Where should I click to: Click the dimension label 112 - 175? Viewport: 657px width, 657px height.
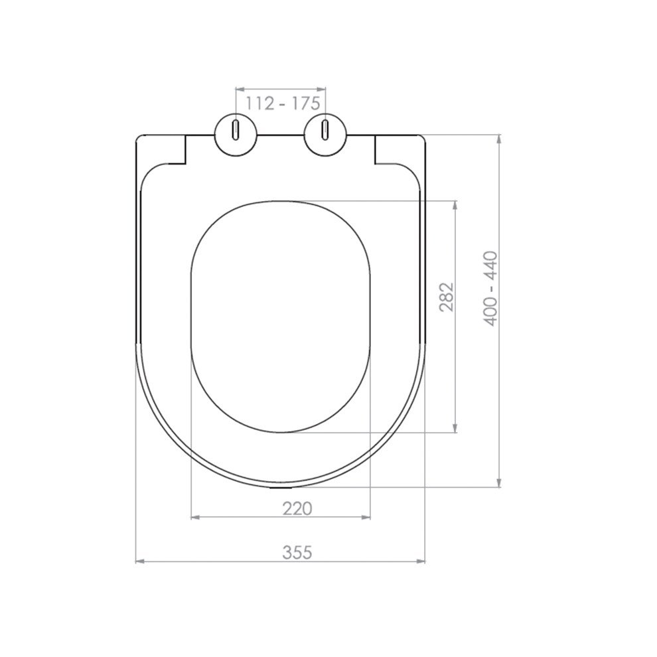click(283, 104)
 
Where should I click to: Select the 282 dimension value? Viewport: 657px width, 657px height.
click(447, 297)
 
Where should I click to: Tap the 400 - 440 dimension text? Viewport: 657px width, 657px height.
click(490, 288)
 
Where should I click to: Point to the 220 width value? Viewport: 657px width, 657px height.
click(297, 508)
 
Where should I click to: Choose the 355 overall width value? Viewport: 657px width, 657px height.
click(297, 552)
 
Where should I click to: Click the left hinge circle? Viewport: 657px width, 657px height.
click(236, 135)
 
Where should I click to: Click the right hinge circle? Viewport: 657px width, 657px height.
click(326, 135)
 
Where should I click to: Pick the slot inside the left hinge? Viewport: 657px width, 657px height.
click(236, 130)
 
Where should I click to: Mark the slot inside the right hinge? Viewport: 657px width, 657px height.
click(325, 130)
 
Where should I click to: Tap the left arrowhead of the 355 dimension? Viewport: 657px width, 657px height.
click(139, 561)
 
